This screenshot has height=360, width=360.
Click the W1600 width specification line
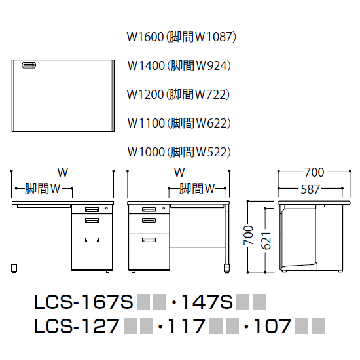(x=181, y=37)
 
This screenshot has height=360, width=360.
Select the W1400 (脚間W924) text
(x=181, y=65)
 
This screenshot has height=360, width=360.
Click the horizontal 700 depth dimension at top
(x=314, y=173)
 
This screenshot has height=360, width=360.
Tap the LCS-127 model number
(x=76, y=325)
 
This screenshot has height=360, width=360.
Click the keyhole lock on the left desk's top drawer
(x=106, y=209)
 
